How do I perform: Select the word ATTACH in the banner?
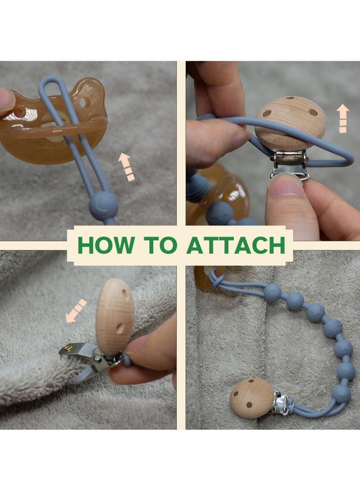[236, 245]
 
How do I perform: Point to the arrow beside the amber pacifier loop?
[127, 167]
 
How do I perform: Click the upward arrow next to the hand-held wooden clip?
[343, 118]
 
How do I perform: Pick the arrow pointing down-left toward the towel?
[76, 311]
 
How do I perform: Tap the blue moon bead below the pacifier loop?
[103, 206]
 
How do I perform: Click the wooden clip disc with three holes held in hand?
[290, 122]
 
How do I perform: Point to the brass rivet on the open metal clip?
[68, 348]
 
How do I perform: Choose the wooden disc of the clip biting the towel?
[115, 311]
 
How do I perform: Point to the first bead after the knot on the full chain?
[272, 293]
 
